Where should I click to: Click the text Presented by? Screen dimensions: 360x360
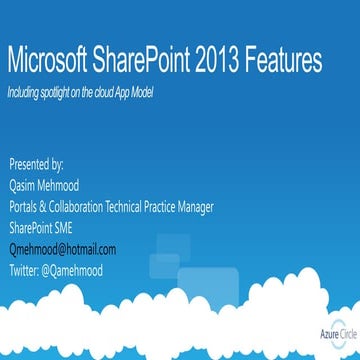coord(36,163)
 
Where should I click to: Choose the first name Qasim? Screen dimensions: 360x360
coord(24,185)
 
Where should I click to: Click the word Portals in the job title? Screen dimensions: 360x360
coord(27,207)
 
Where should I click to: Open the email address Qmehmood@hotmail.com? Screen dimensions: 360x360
coord(62,249)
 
